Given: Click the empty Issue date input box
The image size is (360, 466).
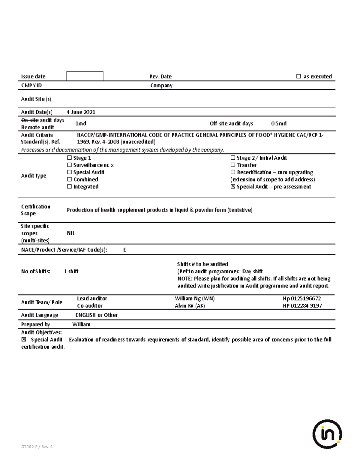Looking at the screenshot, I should pyautogui.click(x=85, y=76).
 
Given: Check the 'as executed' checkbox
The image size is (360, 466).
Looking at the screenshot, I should pyautogui.click(x=298, y=77).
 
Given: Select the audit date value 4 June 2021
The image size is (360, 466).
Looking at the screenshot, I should pyautogui.click(x=81, y=112).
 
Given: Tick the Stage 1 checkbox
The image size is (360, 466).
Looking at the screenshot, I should pyautogui.click(x=70, y=158).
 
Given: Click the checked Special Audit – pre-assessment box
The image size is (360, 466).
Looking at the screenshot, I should pyautogui.click(x=233, y=187).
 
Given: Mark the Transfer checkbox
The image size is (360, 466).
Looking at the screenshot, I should pyautogui.click(x=233, y=165).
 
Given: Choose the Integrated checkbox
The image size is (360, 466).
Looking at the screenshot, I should pyautogui.click(x=70, y=187).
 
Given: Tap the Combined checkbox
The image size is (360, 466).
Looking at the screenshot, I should pyautogui.click(x=70, y=179).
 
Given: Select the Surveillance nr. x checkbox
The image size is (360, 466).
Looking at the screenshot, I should pyautogui.click(x=70, y=165).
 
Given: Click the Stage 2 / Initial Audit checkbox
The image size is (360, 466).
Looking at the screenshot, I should pyautogui.click(x=233, y=158).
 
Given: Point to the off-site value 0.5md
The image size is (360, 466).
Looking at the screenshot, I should pyautogui.click(x=279, y=124).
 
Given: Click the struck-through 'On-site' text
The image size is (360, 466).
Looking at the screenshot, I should pyautogui.click(x=30, y=120).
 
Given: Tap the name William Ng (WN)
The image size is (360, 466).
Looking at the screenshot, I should pyautogui.click(x=195, y=299).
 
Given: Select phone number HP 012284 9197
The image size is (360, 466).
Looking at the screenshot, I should pyautogui.click(x=302, y=306).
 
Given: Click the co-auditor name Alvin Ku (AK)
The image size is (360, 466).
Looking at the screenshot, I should pyautogui.click(x=190, y=306).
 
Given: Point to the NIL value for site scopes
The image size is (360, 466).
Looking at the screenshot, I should pyautogui.click(x=71, y=233).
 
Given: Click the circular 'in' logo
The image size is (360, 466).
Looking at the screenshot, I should pyautogui.click(x=327, y=434).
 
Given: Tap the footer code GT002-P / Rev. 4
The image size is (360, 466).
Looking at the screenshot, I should pyautogui.click(x=37, y=447).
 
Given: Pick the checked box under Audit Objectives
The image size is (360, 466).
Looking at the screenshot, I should pyautogui.click(x=24, y=340).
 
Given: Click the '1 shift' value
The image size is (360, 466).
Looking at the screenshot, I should pyautogui.click(x=71, y=272).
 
